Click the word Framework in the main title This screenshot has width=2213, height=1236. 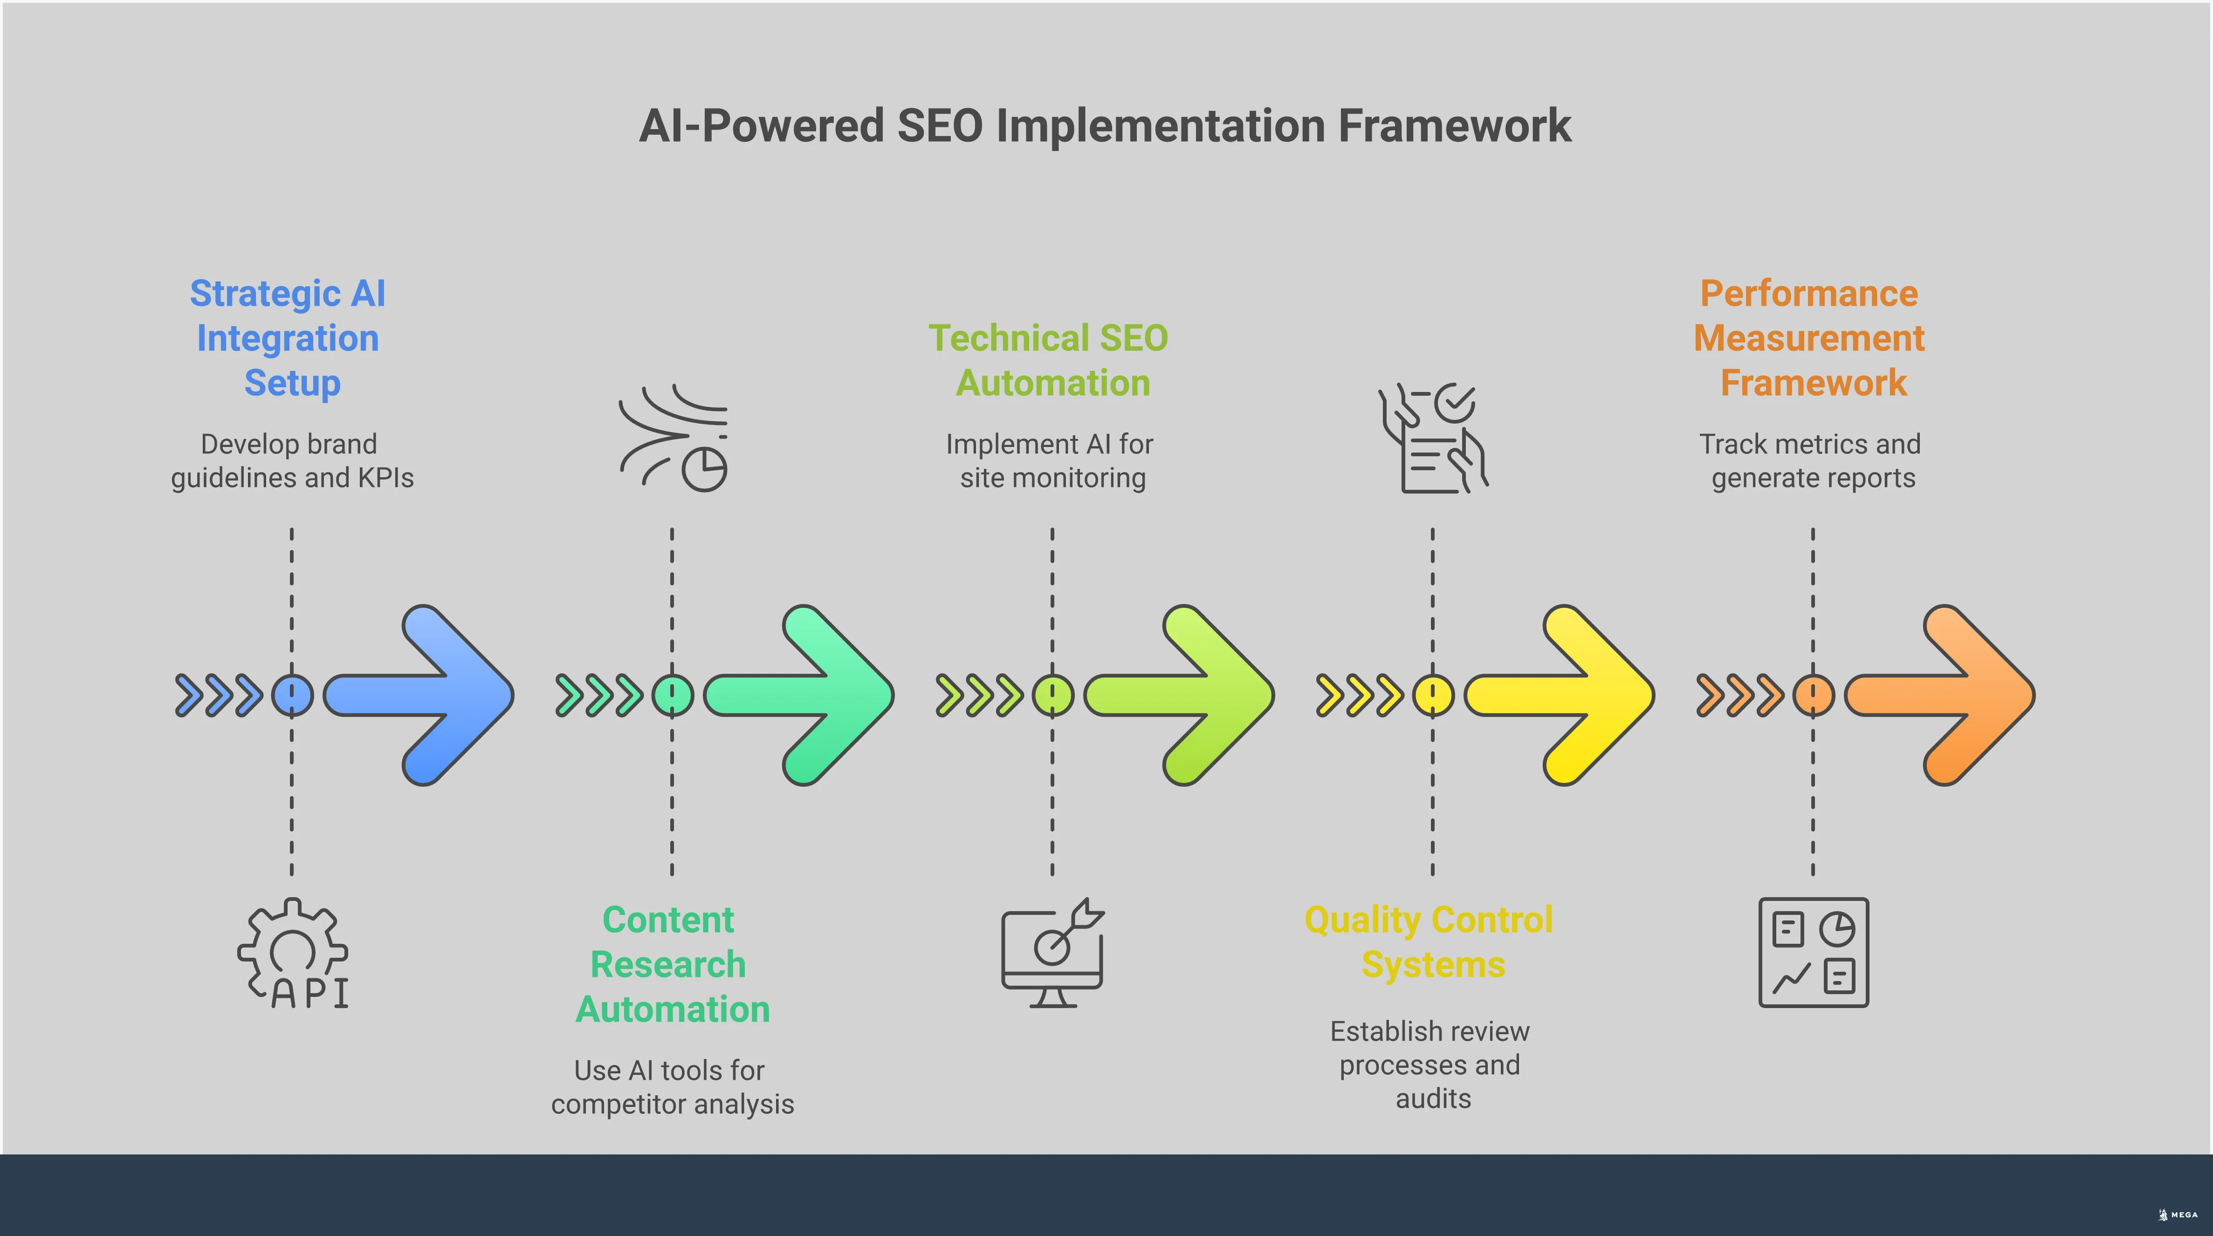pyautogui.click(x=1454, y=126)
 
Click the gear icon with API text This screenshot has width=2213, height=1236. pyautogui.click(x=294, y=954)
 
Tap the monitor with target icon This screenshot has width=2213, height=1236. pyautogui.click(x=1052, y=954)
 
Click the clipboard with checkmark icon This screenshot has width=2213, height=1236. pyautogui.click(x=1432, y=438)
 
